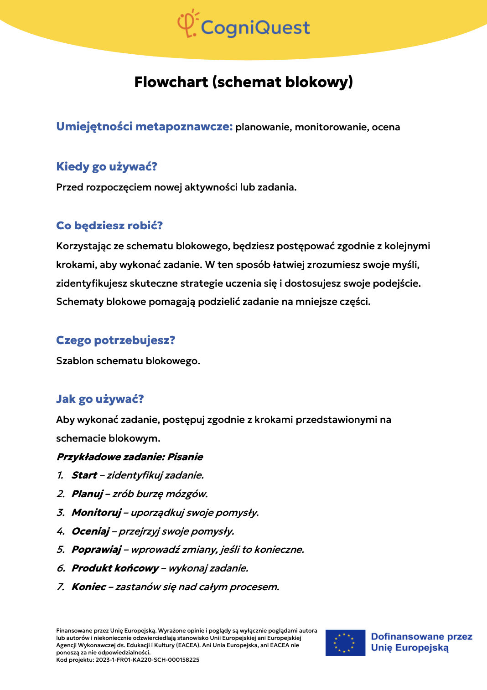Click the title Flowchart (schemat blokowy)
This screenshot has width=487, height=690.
pos(243,82)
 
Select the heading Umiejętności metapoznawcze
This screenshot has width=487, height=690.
pos(144,127)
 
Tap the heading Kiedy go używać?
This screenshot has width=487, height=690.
pos(106,167)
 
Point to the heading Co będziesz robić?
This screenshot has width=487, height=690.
pos(109,226)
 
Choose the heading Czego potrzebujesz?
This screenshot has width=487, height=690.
pos(115,340)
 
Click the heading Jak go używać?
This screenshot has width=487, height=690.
pos(100,399)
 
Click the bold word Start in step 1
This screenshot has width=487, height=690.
pos(84,475)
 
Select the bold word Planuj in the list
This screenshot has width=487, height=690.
pos(88,494)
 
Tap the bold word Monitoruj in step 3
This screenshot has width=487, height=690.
pos(96,513)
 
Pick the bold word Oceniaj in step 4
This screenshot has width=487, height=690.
pos(91,531)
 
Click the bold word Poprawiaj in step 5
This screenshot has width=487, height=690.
pos(96,550)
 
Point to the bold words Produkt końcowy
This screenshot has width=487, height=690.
pos(115,568)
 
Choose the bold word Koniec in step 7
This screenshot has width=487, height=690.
pos(89,587)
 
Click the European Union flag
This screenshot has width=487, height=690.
pos(345,643)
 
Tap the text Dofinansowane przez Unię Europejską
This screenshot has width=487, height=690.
pos(421,642)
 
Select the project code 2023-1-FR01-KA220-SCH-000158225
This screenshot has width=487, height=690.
pos(147,660)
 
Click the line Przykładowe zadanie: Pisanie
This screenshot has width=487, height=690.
pos(130,457)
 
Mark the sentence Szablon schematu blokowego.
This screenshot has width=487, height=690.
pos(128,361)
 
